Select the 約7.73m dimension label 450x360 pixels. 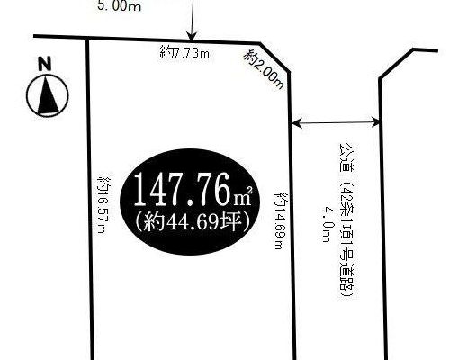click(184, 53)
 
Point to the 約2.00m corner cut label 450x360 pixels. click(264, 69)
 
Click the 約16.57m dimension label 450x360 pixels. click(103, 205)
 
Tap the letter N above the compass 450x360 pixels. click(45, 65)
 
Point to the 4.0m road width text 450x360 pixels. click(326, 223)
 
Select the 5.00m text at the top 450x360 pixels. click(119, 6)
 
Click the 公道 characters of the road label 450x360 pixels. click(346, 157)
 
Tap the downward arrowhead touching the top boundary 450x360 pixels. click(192, 35)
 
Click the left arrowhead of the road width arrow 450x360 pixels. click(297, 122)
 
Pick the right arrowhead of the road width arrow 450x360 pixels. click(375, 122)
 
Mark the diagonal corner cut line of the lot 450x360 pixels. click(274, 58)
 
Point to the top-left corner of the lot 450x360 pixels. click(87, 38)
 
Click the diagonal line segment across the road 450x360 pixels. click(396, 64)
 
